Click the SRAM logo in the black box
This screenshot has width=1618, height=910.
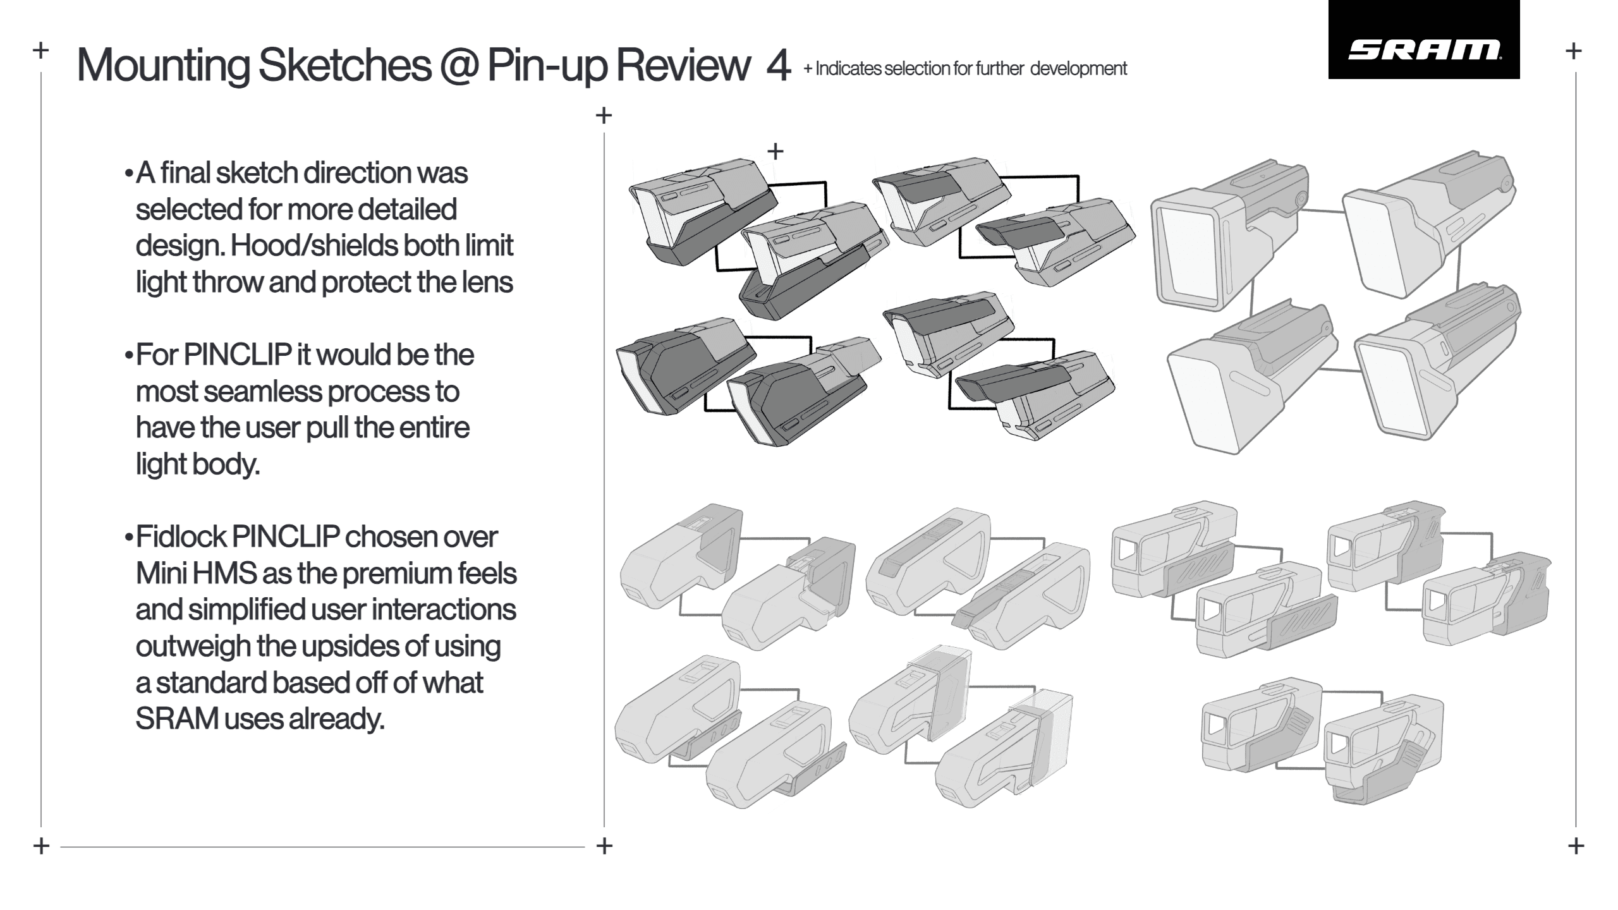[1425, 50]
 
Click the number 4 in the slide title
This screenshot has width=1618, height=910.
[778, 66]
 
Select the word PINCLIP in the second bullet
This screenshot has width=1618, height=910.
[238, 355]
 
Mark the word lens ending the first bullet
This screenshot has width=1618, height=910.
[487, 282]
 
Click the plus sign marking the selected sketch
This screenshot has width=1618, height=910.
[775, 151]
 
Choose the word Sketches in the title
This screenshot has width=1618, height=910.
[344, 65]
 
